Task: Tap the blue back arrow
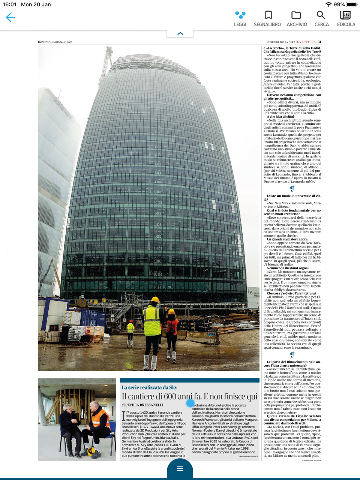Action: pos(10,17)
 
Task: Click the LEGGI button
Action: pos(240,18)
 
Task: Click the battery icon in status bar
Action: pos(352,4)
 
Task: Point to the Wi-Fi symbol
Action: pos(328,4)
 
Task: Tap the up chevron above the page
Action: pos(180,33)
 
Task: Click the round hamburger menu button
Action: pos(180,469)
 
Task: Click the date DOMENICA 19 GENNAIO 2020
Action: pos(55,42)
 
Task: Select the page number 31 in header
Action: pos(319,42)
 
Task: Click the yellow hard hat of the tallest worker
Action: pos(154,300)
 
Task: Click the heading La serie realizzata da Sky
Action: pos(149,387)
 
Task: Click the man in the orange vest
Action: pos(97,422)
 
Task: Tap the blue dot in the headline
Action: pos(190,403)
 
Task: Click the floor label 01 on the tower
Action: pos(158,288)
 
